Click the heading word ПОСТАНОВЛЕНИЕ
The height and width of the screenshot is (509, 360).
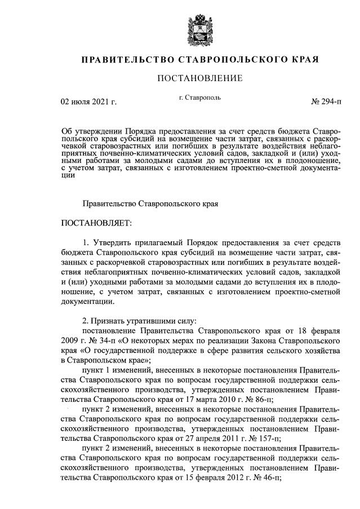[x=199, y=78]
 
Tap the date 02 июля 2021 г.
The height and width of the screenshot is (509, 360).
[x=88, y=102]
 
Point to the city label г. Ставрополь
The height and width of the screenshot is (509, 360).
[x=200, y=98]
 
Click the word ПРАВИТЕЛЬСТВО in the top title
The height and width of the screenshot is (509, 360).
[x=128, y=60]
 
